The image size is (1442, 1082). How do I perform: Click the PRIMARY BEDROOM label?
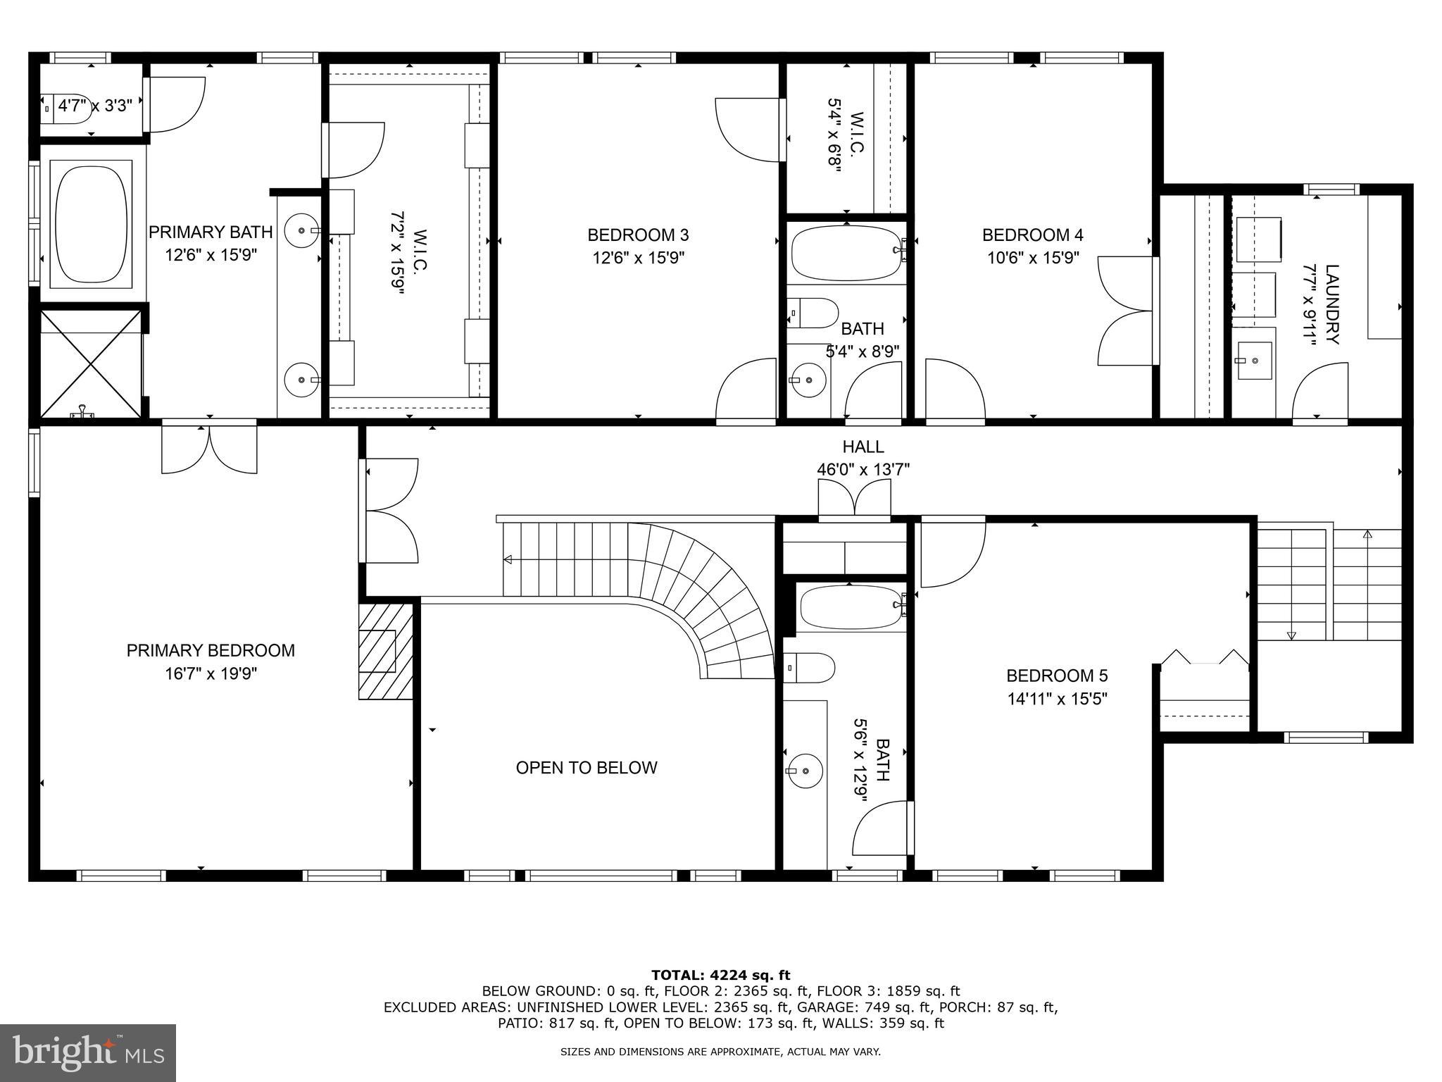coord(211,650)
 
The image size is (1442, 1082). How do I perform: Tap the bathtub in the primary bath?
coord(93,224)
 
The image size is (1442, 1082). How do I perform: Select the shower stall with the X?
coord(92,364)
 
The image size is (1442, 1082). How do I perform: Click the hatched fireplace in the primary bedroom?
coord(386,651)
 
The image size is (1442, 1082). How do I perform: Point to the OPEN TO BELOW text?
coord(587,768)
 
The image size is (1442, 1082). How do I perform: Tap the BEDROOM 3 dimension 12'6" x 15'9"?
coord(638,258)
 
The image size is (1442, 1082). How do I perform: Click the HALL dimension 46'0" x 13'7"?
coord(863,469)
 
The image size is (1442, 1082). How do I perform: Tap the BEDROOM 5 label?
coord(1057,676)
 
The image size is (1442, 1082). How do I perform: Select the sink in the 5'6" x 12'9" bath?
coord(804,771)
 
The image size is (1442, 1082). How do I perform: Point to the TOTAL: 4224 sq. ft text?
coord(720,976)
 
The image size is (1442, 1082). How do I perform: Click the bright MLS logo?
coord(88,1052)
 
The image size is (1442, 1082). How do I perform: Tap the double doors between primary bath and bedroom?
coord(209,448)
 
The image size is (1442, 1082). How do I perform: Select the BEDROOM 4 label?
coord(1032,235)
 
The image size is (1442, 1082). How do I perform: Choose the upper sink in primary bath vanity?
coord(302,230)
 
